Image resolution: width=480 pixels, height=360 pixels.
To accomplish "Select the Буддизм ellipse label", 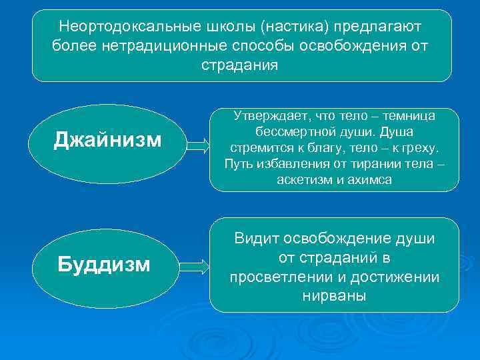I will pyautogui.click(x=103, y=265).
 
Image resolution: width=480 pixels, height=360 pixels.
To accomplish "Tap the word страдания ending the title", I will pyautogui.click(x=240, y=65).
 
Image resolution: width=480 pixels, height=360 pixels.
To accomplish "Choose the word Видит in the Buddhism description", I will pyautogui.click(x=256, y=239).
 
